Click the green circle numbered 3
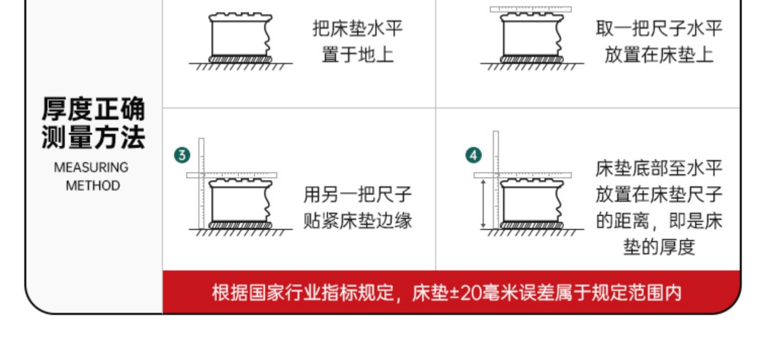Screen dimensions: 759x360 pos(182,155)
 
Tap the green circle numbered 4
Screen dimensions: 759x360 pos(473,155)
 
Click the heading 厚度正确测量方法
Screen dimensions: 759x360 pos(93,123)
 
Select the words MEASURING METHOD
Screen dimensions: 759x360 pos(92,176)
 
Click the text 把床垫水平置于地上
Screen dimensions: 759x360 pos(357,41)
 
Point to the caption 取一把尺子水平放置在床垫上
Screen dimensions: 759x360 pos(658,41)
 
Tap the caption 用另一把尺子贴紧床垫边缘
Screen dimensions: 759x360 pos(357,208)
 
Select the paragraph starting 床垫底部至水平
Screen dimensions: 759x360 pos(658,208)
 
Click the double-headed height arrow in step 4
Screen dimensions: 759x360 pos(484,203)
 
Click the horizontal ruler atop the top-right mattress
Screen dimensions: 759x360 pos(530,10)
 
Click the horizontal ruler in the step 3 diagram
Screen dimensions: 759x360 pos(232,175)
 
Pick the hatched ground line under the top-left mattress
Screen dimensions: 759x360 pos(241,66)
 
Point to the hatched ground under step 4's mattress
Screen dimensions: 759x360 pos(531,232)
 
